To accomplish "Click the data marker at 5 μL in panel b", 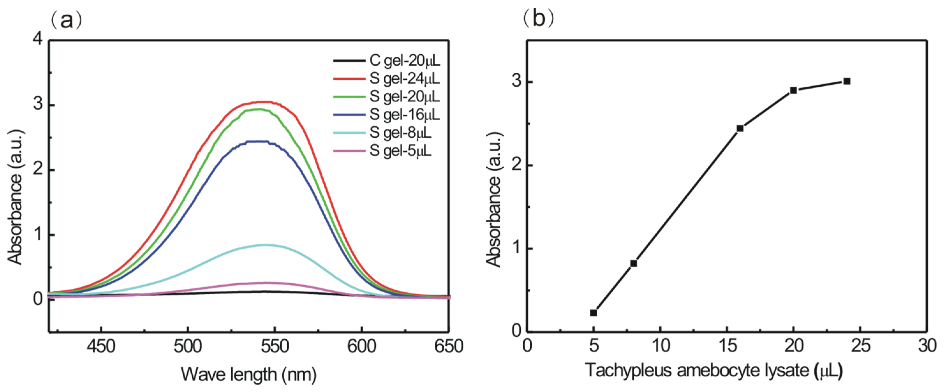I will click(594, 313).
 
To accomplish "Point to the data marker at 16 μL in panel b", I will click(740, 128).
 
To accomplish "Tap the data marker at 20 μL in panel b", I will click(793, 90).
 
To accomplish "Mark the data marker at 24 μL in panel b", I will click(847, 81).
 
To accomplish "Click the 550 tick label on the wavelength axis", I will click(275, 346).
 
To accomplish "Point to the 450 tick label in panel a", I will click(101, 346).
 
